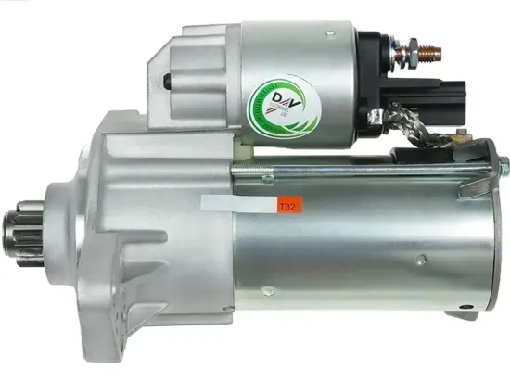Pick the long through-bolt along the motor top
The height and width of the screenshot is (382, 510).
[x=362, y=170]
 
